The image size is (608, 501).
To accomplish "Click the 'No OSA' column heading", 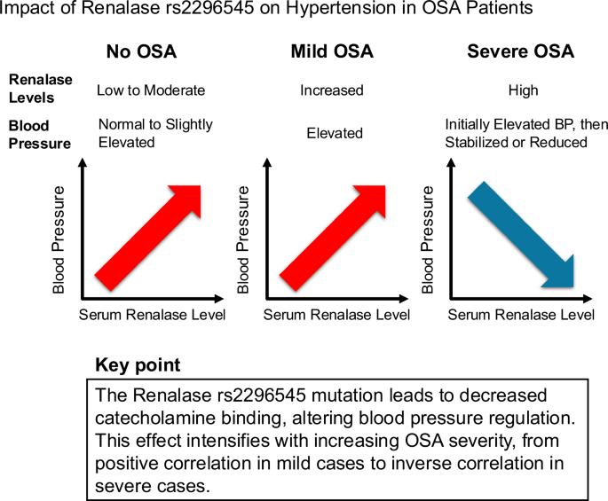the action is (x=141, y=51).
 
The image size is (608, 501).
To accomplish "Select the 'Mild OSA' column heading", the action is (x=332, y=51).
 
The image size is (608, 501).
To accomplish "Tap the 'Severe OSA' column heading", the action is (x=520, y=51).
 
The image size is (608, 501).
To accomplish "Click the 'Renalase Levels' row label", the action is (x=40, y=89).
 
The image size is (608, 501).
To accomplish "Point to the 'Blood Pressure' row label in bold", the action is (x=40, y=135).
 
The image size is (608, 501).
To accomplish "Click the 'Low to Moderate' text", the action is (x=151, y=90).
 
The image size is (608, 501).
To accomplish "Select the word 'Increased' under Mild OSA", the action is (x=332, y=90).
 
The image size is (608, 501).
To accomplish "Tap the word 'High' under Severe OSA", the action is (x=523, y=90).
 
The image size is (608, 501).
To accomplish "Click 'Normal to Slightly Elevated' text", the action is (x=155, y=133).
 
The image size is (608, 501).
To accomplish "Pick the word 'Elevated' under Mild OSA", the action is (x=335, y=133).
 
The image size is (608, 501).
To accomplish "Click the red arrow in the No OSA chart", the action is (x=147, y=238).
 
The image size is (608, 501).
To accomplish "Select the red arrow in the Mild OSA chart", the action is (x=332, y=238).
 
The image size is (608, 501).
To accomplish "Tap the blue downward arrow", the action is (x=521, y=235).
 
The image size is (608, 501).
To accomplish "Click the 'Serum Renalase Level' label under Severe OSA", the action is (x=521, y=315).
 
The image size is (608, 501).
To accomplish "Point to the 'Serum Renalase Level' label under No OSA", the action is (x=152, y=315).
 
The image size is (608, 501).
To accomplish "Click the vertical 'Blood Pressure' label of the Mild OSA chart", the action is (x=242, y=239).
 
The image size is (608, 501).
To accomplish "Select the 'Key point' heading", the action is (x=138, y=365).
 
